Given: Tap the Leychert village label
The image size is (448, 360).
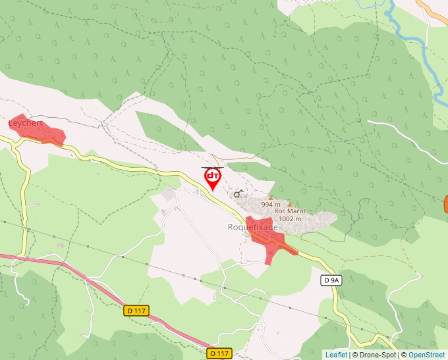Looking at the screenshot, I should click(x=25, y=123).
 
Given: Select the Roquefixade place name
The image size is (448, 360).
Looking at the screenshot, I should click(x=253, y=227).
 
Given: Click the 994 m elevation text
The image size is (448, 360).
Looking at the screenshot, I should click(x=271, y=205).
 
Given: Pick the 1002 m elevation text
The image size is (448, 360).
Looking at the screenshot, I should click(x=290, y=219).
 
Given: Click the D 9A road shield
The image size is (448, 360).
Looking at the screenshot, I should click(x=331, y=280).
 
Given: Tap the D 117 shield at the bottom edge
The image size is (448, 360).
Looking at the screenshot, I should click(x=219, y=353).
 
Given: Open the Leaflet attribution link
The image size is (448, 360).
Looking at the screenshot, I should click(x=336, y=355).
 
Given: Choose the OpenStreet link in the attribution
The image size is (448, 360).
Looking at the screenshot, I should click(x=428, y=355).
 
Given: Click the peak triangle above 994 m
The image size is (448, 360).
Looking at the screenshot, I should click(x=270, y=197).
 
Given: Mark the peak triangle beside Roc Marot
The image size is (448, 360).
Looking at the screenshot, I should click(x=290, y=205).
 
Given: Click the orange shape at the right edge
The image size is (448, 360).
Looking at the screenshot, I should click(x=445, y=204).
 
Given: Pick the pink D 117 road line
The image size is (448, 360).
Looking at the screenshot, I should click(x=79, y=266).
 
